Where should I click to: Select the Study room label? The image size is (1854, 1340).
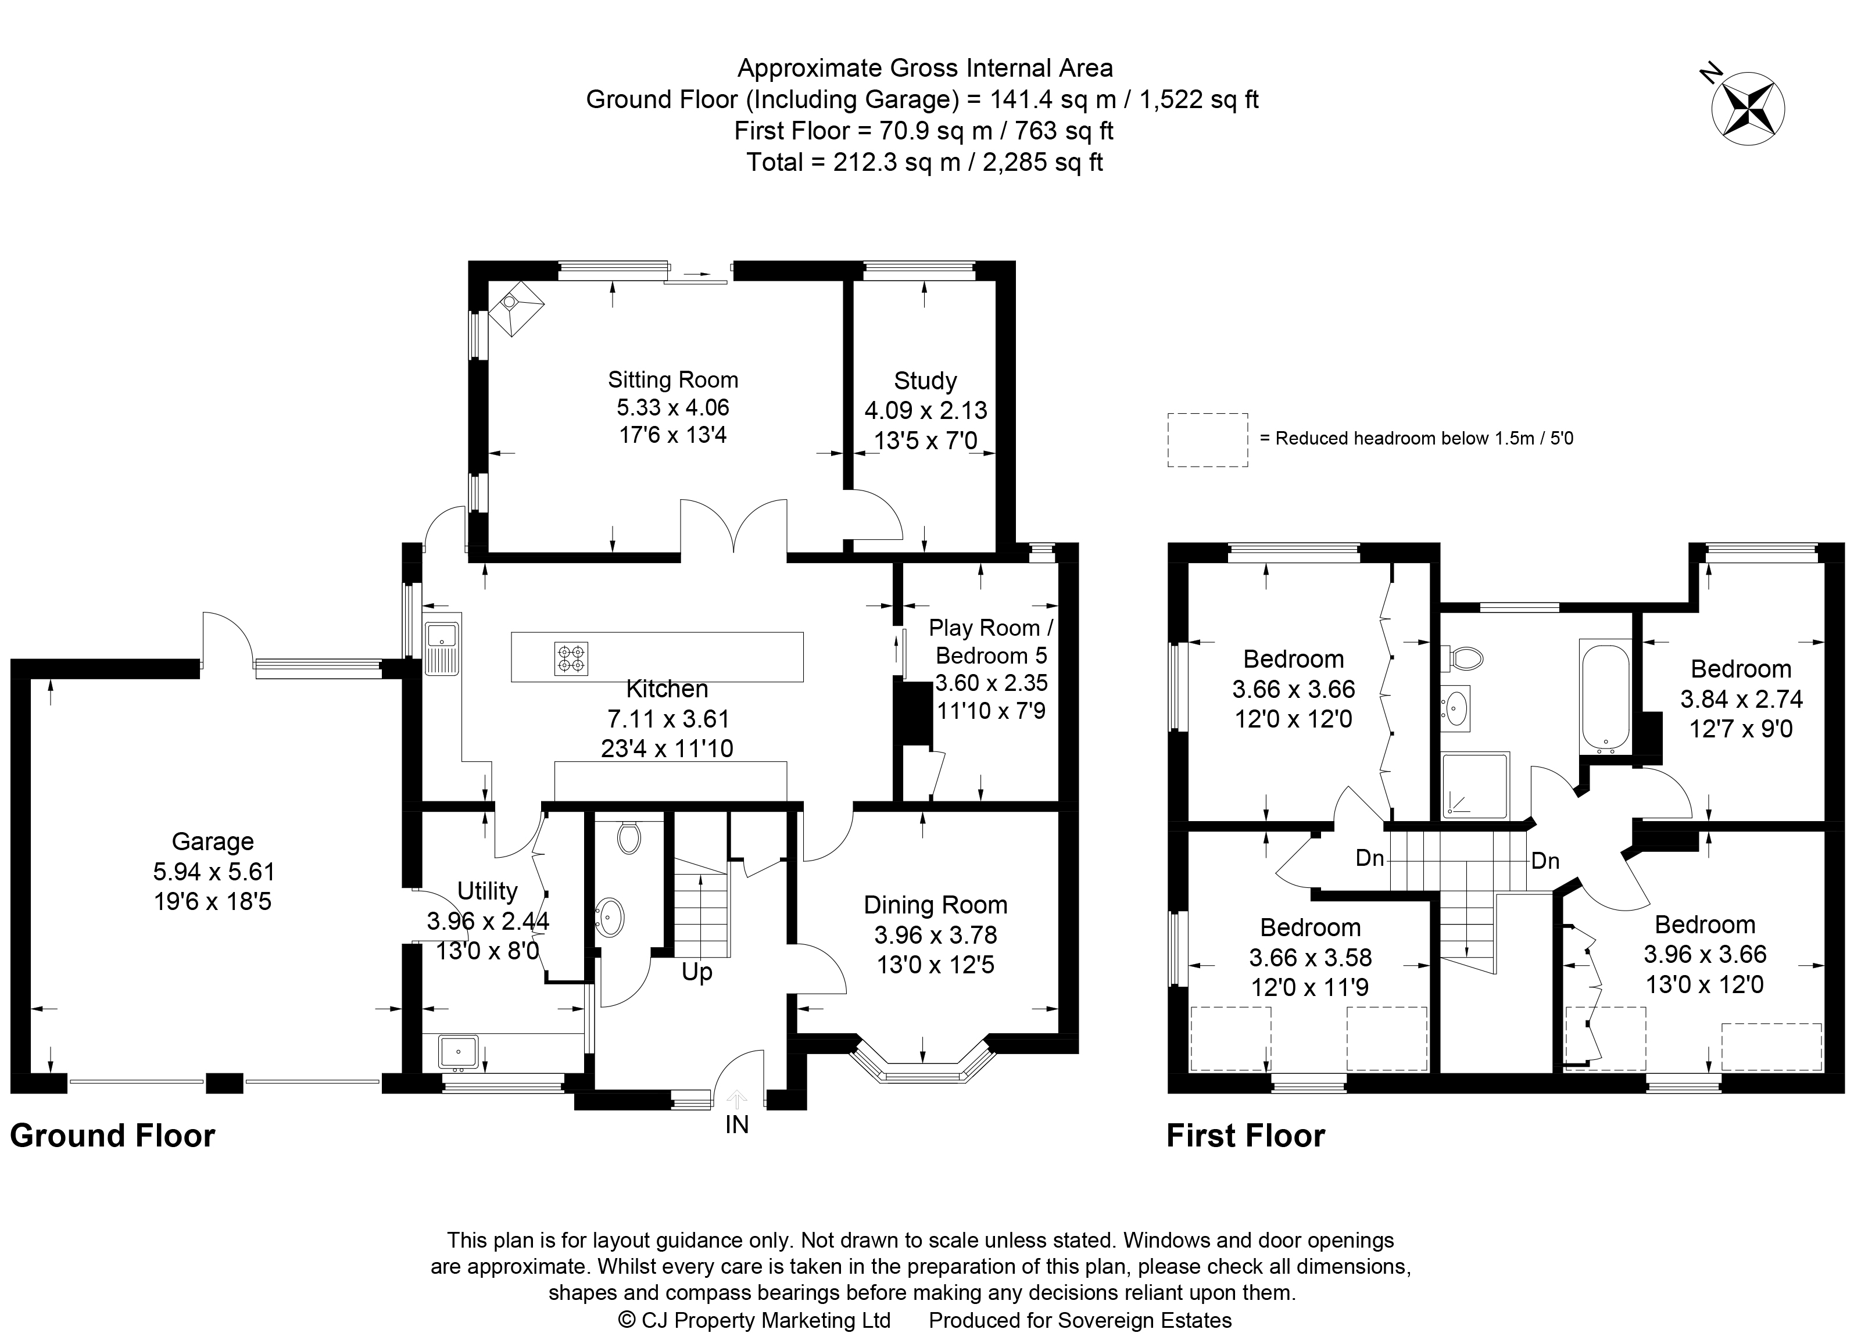(x=925, y=381)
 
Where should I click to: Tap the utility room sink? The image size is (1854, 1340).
(x=458, y=1052)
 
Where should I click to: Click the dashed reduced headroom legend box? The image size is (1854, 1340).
(x=1207, y=439)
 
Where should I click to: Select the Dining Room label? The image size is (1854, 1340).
(x=935, y=905)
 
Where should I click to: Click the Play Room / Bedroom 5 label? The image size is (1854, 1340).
(x=991, y=642)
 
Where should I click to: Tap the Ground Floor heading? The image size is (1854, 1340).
(x=112, y=1135)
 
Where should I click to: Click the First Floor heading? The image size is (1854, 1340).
(x=1245, y=1135)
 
